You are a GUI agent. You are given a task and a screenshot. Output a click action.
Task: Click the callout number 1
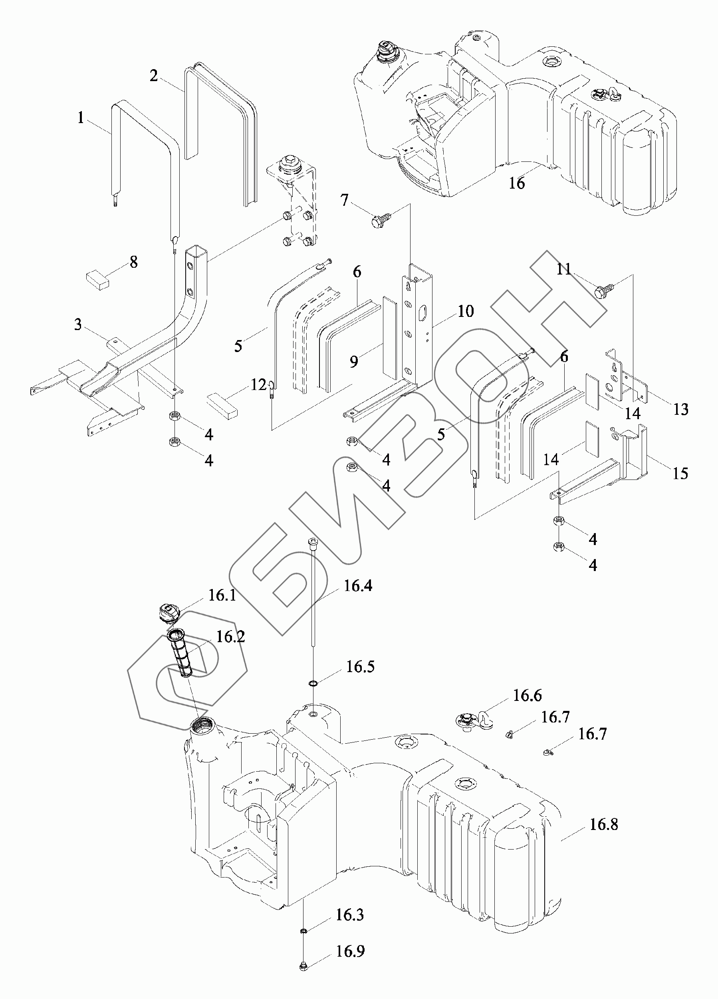[x=81, y=118]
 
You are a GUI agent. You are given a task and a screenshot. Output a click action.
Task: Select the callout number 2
[x=153, y=76]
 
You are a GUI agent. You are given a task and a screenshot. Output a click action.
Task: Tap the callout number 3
[x=78, y=324]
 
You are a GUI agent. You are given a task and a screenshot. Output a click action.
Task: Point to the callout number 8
[x=133, y=262]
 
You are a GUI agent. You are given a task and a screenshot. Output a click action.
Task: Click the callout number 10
[x=465, y=311]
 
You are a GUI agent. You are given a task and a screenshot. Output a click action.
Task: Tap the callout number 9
[x=354, y=362]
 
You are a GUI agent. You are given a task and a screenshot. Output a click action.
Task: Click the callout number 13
[x=680, y=409]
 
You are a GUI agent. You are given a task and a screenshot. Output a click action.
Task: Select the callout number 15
[x=680, y=474]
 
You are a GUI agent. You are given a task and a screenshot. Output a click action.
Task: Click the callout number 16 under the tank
[x=517, y=183]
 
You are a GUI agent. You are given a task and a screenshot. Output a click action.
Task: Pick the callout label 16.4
[x=358, y=586]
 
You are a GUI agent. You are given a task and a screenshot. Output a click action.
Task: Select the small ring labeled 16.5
[x=313, y=683]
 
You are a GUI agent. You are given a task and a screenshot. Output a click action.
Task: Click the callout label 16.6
[x=527, y=696]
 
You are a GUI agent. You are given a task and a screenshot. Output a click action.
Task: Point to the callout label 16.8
[x=603, y=824]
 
